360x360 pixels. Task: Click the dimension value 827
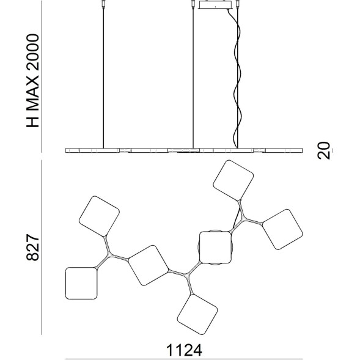[33, 248]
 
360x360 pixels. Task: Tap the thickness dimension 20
[323, 150]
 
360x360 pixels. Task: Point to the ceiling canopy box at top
[215, 5]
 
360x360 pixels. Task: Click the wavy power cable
[237, 78]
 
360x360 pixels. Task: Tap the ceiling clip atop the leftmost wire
[103, 4]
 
